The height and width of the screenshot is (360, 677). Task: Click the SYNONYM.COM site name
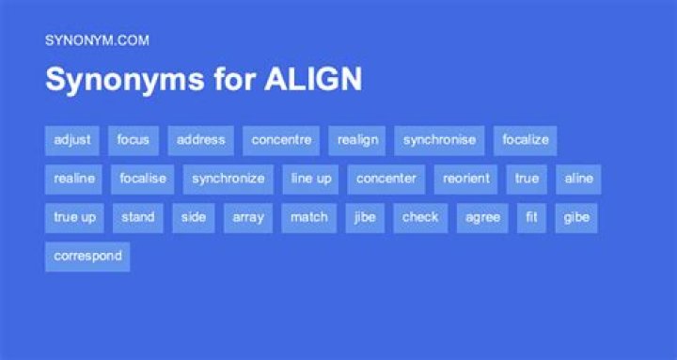pos(97,40)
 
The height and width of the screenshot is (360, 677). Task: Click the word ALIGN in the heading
pos(313,79)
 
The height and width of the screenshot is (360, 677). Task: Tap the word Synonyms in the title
pos(125,80)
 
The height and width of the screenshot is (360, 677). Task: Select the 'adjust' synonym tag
pos(72,140)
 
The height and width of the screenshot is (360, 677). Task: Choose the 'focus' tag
pos(133,140)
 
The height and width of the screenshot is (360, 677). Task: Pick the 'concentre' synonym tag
pos(281,140)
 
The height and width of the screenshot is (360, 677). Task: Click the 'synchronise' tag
pos(439,140)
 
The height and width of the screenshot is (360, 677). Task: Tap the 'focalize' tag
pos(525,140)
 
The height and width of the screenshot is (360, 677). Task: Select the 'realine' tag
pos(73,180)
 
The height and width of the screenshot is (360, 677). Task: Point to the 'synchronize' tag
pos(228,180)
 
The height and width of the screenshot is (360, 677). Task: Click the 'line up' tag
pos(310,180)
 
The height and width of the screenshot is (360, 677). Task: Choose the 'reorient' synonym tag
pos(465,180)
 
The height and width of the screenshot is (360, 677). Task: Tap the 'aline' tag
pos(578,180)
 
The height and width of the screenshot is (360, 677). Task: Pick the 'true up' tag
pos(74,218)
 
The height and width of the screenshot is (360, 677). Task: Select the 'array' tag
pos(248,218)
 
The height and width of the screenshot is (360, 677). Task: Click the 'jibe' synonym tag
pos(365,218)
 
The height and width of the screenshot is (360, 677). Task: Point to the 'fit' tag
pos(531,218)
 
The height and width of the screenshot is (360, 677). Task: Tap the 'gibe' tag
pos(576,218)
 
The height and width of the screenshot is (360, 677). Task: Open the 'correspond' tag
pos(87,257)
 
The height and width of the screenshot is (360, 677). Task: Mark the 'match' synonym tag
pos(308,218)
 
